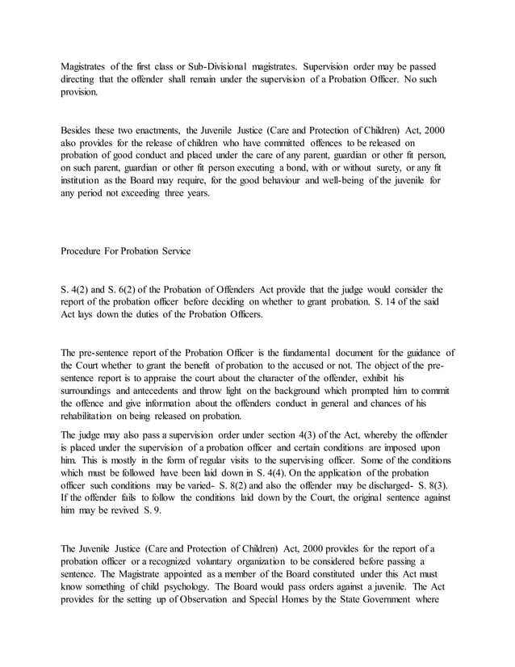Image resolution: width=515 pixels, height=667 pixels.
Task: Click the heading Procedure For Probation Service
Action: click(126, 251)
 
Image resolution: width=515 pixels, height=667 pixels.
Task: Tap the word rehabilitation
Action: click(90, 417)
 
